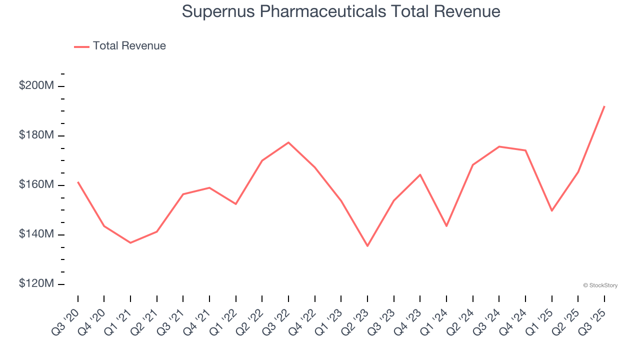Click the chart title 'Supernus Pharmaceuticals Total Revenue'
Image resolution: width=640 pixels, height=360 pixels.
tap(341, 11)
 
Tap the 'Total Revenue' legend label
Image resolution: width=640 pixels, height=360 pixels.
tap(129, 46)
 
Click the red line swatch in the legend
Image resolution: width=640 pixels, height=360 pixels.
tap(81, 46)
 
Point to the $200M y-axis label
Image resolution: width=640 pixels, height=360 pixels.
tap(36, 86)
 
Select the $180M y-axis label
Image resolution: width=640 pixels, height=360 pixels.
tap(36, 135)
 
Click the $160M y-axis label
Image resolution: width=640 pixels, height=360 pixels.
tap(36, 185)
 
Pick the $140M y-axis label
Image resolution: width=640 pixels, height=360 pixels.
tap(36, 234)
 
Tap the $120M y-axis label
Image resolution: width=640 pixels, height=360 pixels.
tap(36, 284)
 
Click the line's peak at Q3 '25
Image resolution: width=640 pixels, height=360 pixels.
tap(604, 106)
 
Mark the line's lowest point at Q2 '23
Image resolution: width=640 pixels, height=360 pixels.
tap(367, 246)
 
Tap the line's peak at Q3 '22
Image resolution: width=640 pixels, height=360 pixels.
tap(288, 142)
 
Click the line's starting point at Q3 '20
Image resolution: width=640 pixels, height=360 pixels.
tap(78, 182)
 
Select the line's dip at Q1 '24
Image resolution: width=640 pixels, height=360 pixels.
tap(446, 226)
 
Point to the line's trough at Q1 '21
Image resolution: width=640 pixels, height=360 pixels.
tap(130, 243)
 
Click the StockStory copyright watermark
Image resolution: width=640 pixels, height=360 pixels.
tap(600, 285)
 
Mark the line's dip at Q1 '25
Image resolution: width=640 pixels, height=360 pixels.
tap(552, 211)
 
